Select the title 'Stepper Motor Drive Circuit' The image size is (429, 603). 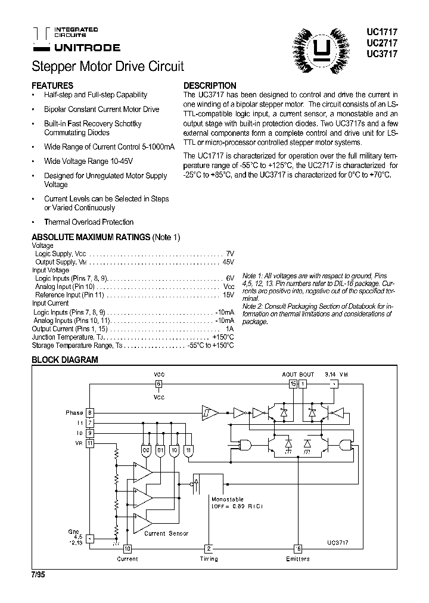pyautogui.click(x=107, y=66)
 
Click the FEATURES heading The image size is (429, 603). pyautogui.click(x=52, y=85)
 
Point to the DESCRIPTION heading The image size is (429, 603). pyautogui.click(x=210, y=85)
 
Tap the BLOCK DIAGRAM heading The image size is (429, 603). pyautogui.click(x=64, y=360)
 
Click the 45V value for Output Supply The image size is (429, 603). pyautogui.click(x=228, y=262)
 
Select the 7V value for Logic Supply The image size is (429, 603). pyautogui.click(x=230, y=253)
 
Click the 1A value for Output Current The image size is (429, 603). pyautogui.click(x=229, y=328)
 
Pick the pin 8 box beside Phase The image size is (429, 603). pyautogui.click(x=90, y=412)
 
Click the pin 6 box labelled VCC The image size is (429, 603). pyautogui.click(x=159, y=384)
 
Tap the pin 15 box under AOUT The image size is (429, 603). pyautogui.click(x=293, y=384)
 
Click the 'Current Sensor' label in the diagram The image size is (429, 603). pyautogui.click(x=166, y=533)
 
